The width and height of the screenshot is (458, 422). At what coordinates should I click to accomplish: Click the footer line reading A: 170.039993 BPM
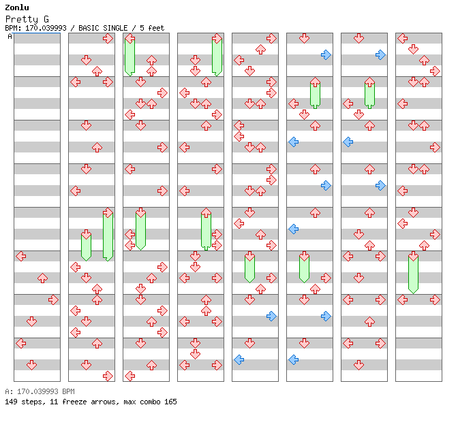pyautogui.click(x=40, y=392)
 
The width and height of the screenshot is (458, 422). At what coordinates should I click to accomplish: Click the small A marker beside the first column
pyautogui.click(x=10, y=36)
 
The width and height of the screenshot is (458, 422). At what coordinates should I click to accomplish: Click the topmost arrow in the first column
pyautogui.click(x=20, y=256)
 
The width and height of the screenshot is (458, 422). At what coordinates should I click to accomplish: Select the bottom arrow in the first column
pyautogui.click(x=31, y=365)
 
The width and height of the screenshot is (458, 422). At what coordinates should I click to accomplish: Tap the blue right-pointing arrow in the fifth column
pyautogui.click(x=271, y=316)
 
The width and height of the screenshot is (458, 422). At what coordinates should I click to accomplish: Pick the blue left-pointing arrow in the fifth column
pyautogui.click(x=239, y=359)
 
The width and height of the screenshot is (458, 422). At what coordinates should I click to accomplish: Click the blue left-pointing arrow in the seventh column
pyautogui.click(x=348, y=142)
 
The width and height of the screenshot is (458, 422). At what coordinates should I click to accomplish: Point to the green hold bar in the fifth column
pyautogui.click(x=249, y=268)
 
